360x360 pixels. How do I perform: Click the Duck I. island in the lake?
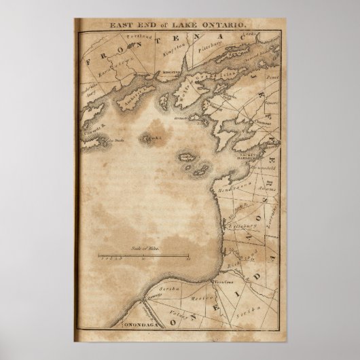click(x=149, y=139)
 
